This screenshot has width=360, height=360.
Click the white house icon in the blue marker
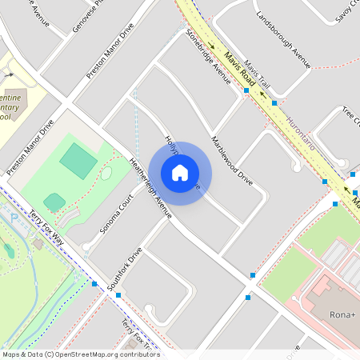click(x=180, y=172)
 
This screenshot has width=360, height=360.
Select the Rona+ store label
click(x=342, y=314)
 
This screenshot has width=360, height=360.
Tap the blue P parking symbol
click(x=13, y=218)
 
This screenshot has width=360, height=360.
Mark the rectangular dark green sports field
click(x=78, y=160)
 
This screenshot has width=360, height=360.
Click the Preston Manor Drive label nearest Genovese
click(x=110, y=54)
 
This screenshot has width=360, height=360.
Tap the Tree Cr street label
click(x=351, y=117)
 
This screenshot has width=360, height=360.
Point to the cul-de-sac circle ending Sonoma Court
click(x=106, y=173)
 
